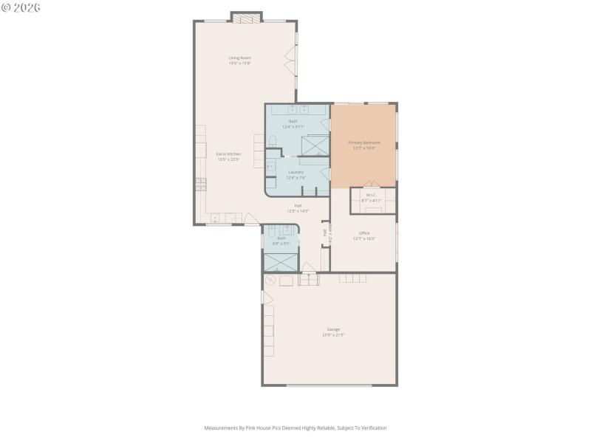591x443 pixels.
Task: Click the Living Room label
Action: [239, 60]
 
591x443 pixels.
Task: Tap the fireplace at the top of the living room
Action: [246, 17]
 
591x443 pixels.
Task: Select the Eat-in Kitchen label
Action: [228, 157]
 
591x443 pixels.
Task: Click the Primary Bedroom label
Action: [363, 145]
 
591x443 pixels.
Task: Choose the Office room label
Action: [363, 236]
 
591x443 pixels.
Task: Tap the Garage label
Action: [333, 332]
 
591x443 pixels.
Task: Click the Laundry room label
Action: [295, 174]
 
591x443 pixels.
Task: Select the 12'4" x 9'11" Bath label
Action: [293, 123]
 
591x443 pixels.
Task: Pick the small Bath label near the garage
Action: [281, 240]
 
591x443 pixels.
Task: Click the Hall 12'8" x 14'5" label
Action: [298, 208]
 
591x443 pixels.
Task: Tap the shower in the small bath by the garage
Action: [281, 261]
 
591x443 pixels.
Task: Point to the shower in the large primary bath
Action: [314, 145]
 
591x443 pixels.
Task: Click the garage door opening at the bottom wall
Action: [329, 385]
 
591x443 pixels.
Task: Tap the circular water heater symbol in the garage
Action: [270, 280]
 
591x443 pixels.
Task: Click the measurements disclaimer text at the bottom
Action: [295, 427]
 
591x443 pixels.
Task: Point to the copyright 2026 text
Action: [21, 7]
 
